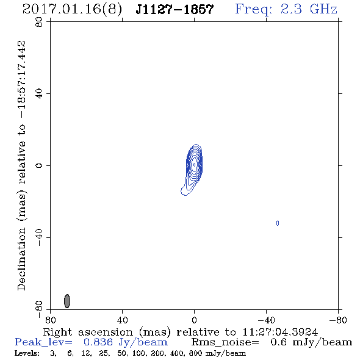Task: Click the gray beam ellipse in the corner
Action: click(67, 301)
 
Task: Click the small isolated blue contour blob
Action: click(278, 223)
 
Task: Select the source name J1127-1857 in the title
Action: click(175, 9)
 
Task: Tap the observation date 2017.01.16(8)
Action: click(72, 10)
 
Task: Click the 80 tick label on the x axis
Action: click(50, 320)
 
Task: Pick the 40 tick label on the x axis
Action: click(122, 320)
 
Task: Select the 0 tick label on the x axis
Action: click(194, 320)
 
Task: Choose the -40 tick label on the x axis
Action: click(266, 320)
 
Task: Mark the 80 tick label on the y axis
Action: click(39, 22)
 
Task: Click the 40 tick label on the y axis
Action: click(39, 94)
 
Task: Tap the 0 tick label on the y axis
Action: click(39, 165)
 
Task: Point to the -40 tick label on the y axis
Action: click(39, 237)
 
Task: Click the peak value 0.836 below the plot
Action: click(98, 342)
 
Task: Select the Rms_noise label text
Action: click(225, 342)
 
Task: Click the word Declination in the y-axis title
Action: click(21, 259)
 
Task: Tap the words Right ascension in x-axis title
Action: click(88, 332)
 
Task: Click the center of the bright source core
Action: click(194, 165)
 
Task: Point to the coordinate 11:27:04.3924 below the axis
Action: click(280, 332)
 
